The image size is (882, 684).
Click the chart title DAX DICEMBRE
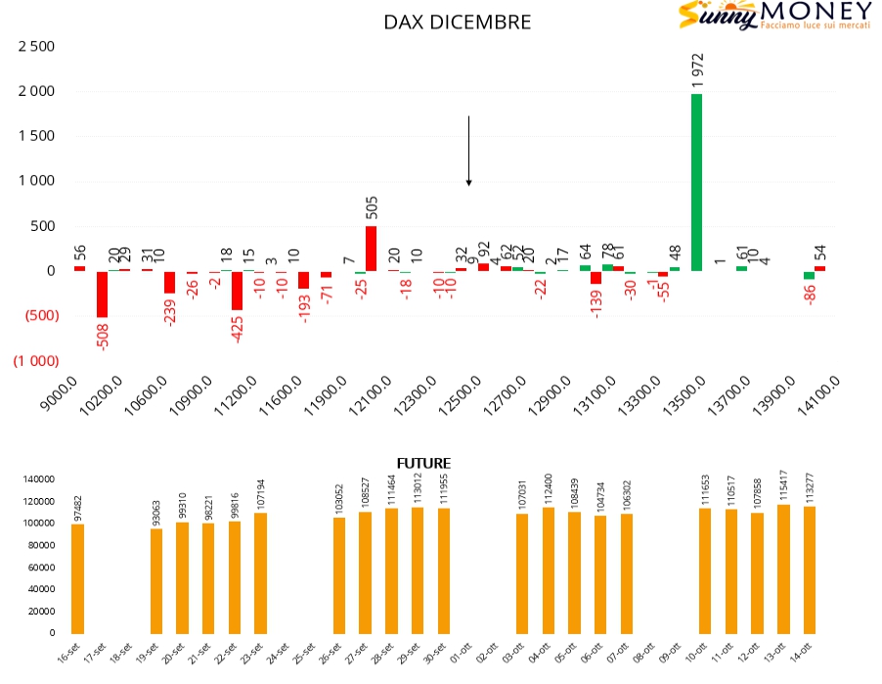coord(458,22)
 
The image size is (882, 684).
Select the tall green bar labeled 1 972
coord(697,182)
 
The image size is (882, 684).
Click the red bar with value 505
coord(372,249)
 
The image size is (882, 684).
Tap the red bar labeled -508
coord(102,294)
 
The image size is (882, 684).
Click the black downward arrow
coord(469,151)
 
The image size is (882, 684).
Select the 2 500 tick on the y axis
coord(36,47)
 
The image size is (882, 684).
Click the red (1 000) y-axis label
coord(36,360)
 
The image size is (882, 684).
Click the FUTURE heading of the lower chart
coord(423,463)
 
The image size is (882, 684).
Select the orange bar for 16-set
coord(78,578)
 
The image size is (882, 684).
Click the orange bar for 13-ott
coord(784,569)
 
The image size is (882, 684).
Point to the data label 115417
coord(783,484)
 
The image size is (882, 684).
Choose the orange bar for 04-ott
coord(549,570)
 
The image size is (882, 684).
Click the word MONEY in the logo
coord(816,12)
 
